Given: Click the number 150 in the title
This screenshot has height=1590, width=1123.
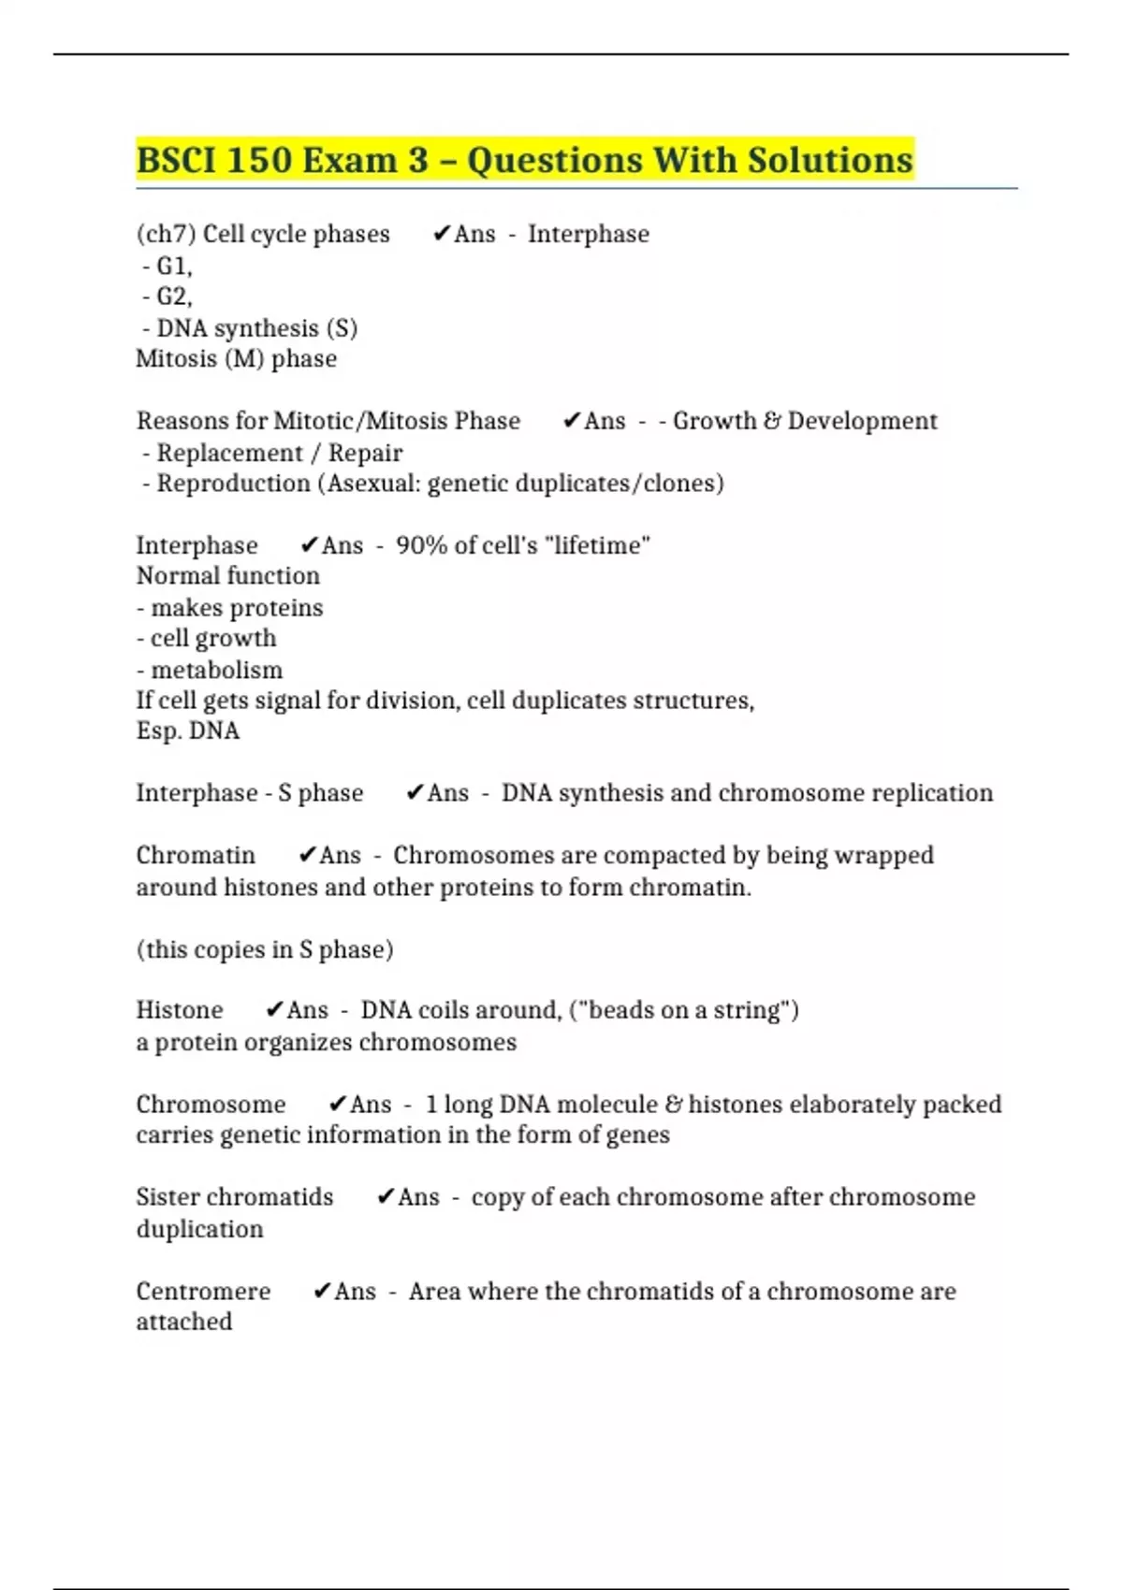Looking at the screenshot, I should tap(257, 160).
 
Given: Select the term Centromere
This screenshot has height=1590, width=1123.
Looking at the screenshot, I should tap(203, 1292).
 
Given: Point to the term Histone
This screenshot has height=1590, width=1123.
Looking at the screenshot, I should tap(180, 1010).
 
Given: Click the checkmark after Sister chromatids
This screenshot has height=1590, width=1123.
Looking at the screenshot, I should tap(385, 1197).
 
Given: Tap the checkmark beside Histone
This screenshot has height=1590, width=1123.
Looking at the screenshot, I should tap(274, 1010).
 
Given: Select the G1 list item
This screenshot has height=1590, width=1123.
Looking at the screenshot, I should tap(173, 267).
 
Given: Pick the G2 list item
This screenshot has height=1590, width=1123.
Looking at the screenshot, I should tap(173, 296).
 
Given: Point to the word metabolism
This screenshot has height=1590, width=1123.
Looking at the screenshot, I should tap(216, 670).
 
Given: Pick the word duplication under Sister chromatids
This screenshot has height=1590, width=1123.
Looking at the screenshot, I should tap(199, 1229).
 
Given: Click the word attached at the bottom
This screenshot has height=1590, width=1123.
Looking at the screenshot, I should tap(184, 1322).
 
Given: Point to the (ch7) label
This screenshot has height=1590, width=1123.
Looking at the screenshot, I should tap(166, 234).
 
